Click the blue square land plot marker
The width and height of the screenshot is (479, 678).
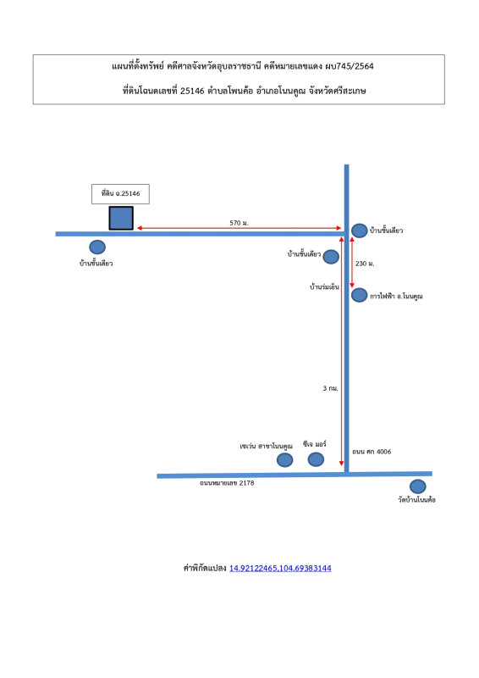click(x=121, y=218)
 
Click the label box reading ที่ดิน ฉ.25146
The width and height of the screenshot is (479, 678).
click(x=120, y=194)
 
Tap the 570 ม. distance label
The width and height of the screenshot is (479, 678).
click(x=239, y=223)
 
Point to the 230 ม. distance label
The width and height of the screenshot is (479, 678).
click(x=365, y=264)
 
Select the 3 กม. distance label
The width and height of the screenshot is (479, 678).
click(x=330, y=388)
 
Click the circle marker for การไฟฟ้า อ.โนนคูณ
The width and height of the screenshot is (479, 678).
click(x=359, y=295)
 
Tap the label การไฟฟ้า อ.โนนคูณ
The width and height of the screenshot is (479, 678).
click(x=396, y=296)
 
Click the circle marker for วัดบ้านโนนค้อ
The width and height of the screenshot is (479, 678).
click(x=418, y=486)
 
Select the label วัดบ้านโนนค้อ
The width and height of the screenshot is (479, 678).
click(x=417, y=500)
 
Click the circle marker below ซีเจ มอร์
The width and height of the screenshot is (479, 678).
click(x=316, y=459)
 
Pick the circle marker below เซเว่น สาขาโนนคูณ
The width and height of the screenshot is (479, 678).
click(x=284, y=459)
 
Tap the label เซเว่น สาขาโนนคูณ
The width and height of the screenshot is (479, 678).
click(x=266, y=446)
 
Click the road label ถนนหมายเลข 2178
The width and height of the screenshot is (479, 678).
click(x=227, y=483)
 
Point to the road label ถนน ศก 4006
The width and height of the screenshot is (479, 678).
click(x=372, y=452)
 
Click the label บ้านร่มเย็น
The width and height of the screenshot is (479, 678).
click(x=324, y=286)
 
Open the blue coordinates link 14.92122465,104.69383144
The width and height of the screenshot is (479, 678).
click(x=280, y=568)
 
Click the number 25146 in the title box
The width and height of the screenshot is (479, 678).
click(x=192, y=91)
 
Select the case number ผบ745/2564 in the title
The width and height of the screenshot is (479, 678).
click(x=350, y=66)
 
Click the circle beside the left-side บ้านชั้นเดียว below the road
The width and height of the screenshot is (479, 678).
click(x=97, y=247)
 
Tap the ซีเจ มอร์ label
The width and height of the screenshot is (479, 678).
click(x=315, y=444)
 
